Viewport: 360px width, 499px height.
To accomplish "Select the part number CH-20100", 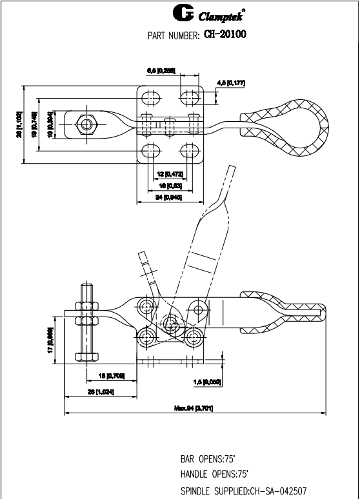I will coord(226,34).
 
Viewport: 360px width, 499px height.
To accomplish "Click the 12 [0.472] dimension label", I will coord(170,174).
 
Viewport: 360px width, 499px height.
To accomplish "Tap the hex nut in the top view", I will coord(85,122).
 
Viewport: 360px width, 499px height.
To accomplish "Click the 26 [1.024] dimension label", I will coord(101,391).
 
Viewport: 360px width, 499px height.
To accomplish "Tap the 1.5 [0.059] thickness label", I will coord(208,382).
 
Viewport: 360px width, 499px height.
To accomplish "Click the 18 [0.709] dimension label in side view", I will coord(111,375).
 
